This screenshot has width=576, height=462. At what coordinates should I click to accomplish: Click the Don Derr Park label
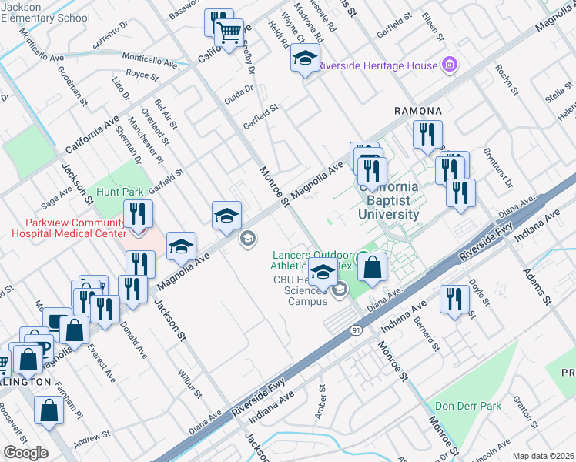(x=467, y=406)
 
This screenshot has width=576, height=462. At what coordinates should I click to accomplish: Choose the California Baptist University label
(x=389, y=200)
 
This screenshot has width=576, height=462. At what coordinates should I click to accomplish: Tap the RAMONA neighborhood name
(x=418, y=111)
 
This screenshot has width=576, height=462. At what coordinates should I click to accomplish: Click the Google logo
(x=25, y=453)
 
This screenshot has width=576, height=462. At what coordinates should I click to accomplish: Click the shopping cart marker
(x=229, y=34)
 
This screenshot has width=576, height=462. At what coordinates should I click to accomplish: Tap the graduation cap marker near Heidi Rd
(x=305, y=59)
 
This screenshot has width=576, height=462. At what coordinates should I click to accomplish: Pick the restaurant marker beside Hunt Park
(x=138, y=215)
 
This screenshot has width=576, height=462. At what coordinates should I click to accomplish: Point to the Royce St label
(x=142, y=76)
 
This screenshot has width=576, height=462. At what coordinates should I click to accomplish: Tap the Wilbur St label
(x=190, y=383)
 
